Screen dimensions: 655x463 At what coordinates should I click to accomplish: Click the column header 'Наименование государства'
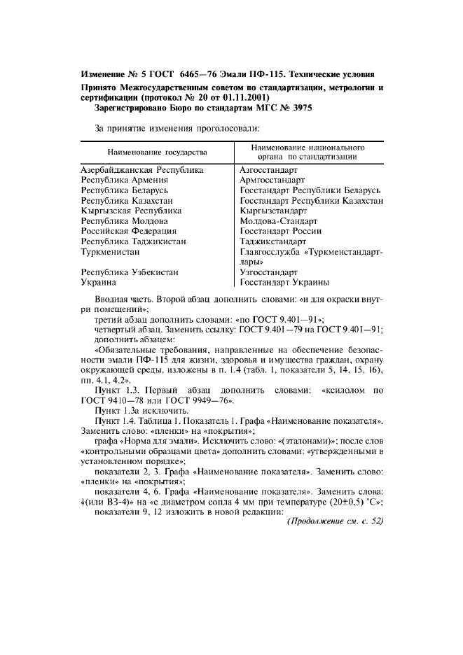coord(157,152)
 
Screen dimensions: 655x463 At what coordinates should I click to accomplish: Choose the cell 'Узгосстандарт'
coord(268,272)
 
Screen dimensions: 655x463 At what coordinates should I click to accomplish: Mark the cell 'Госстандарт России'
coord(280,230)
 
